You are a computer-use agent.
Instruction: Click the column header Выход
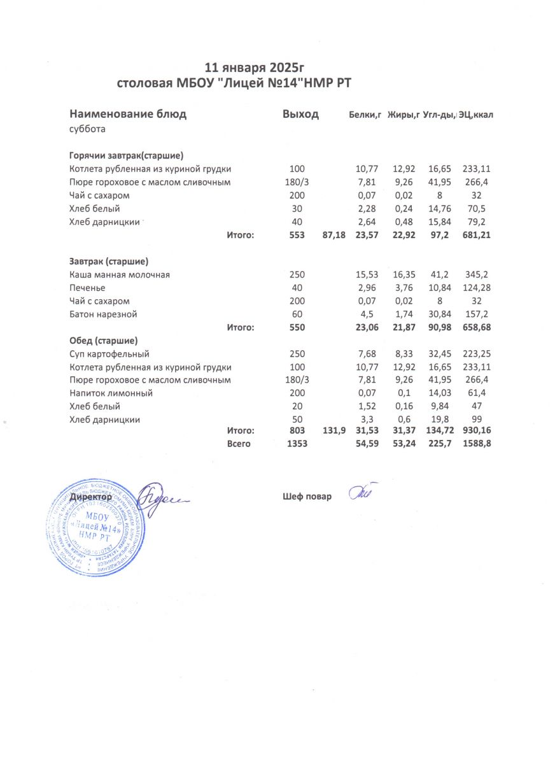click(x=300, y=115)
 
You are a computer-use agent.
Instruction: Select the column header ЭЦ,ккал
click(x=477, y=115)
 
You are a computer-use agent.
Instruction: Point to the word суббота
click(x=87, y=129)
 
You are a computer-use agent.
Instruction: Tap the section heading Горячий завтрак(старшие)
click(x=126, y=155)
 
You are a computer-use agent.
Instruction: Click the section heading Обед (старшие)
click(x=104, y=340)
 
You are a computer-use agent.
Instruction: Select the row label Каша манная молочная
click(x=120, y=274)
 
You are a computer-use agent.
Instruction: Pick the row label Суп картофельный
click(x=109, y=353)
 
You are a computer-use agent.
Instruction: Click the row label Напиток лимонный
click(x=111, y=393)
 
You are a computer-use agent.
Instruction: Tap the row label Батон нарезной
click(x=103, y=314)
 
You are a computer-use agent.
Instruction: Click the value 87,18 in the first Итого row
click(x=334, y=236)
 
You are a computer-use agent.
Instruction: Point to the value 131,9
click(x=335, y=431)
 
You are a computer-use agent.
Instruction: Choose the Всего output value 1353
click(x=297, y=444)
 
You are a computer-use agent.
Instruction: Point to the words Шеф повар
click(x=307, y=497)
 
